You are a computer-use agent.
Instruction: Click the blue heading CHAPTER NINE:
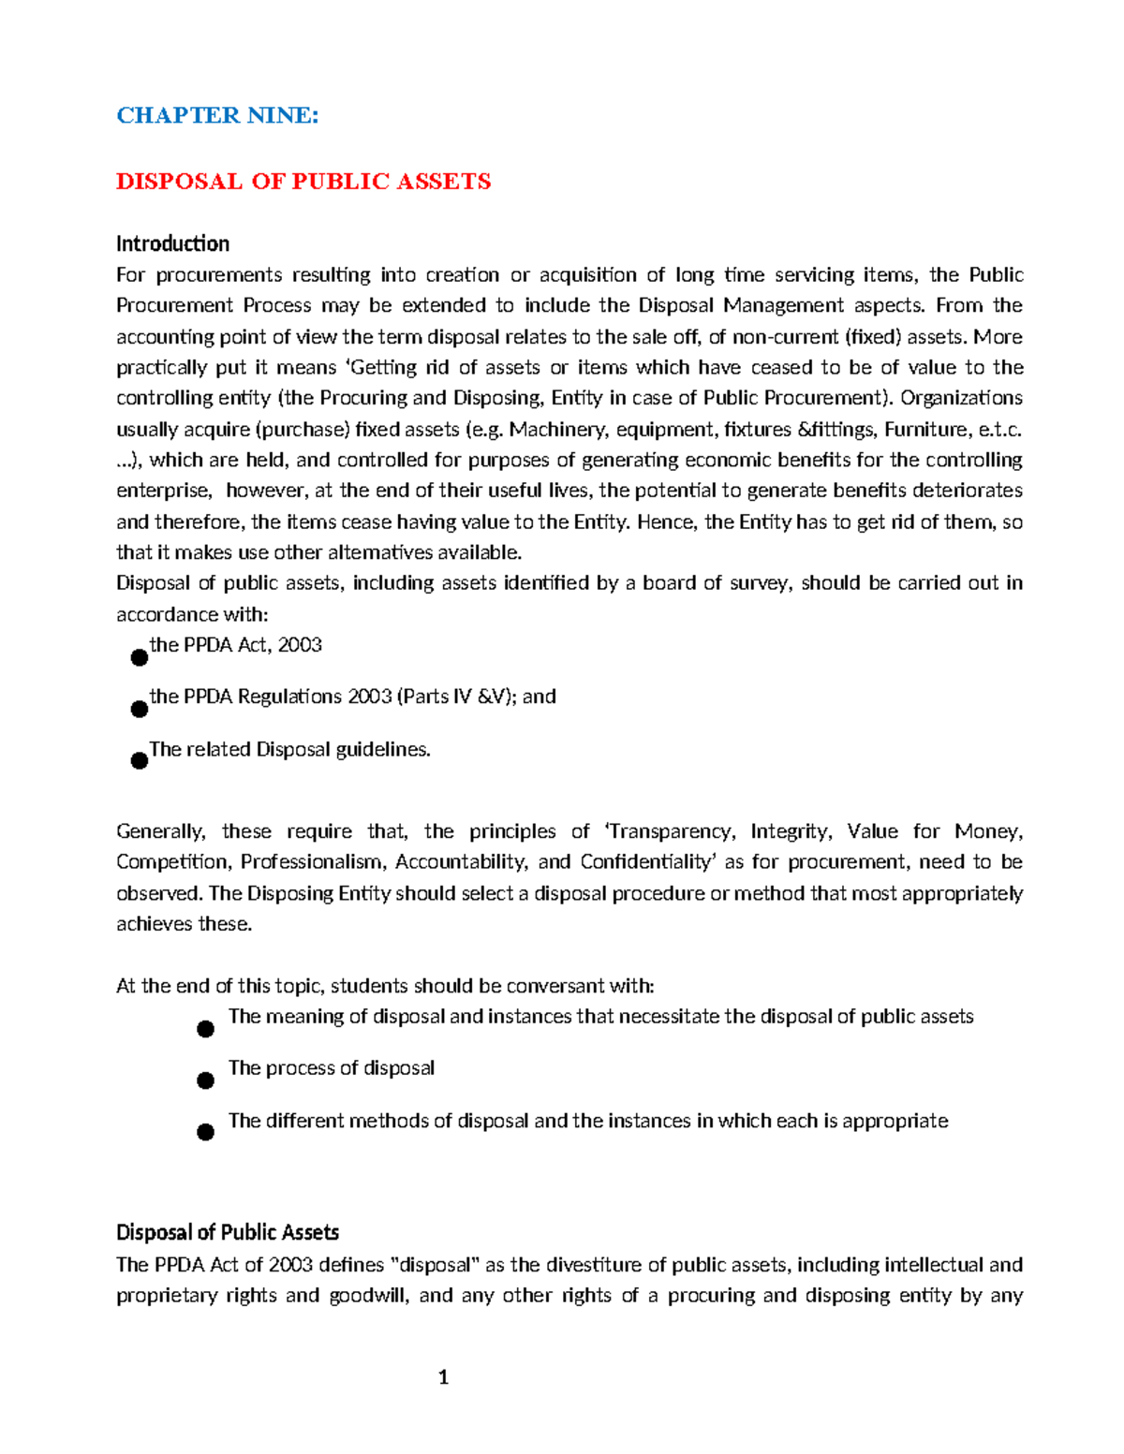pos(217,115)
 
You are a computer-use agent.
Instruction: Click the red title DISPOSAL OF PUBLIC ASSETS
pos(303,182)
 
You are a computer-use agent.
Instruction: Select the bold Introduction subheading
pos(172,244)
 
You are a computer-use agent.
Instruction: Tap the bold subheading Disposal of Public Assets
pos(227,1232)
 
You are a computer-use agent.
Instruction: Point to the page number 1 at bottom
pos(444,1377)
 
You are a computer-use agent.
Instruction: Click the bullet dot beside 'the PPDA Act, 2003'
pos(139,658)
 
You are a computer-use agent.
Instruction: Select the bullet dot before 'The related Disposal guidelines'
pos(139,761)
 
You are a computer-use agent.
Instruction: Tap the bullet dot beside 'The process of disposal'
pos(205,1081)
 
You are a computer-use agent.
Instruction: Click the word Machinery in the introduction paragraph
pos(549,430)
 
